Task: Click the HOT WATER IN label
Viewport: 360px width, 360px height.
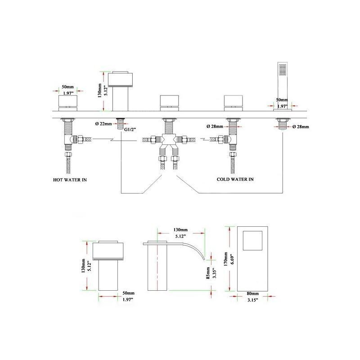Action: tap(70, 180)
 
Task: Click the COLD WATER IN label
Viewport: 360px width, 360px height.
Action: tap(235, 179)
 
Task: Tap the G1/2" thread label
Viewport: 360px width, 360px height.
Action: tap(130, 130)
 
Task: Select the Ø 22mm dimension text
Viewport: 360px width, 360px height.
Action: tap(103, 124)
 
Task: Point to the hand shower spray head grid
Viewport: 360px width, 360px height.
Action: tap(283, 69)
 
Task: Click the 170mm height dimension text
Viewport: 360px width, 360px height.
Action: tap(226, 259)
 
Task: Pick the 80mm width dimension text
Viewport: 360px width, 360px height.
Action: tap(253, 293)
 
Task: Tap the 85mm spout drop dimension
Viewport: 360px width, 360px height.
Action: tap(208, 273)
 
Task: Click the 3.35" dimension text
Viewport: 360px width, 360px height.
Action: tap(215, 273)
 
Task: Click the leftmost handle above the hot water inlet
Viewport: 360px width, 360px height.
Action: tap(68, 103)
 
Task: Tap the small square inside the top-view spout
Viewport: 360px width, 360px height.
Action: tap(252, 241)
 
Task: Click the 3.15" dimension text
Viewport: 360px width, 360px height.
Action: tap(252, 300)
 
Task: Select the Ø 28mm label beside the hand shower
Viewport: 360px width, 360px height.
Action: tap(301, 127)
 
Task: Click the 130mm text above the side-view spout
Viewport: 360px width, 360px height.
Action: tap(180, 230)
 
